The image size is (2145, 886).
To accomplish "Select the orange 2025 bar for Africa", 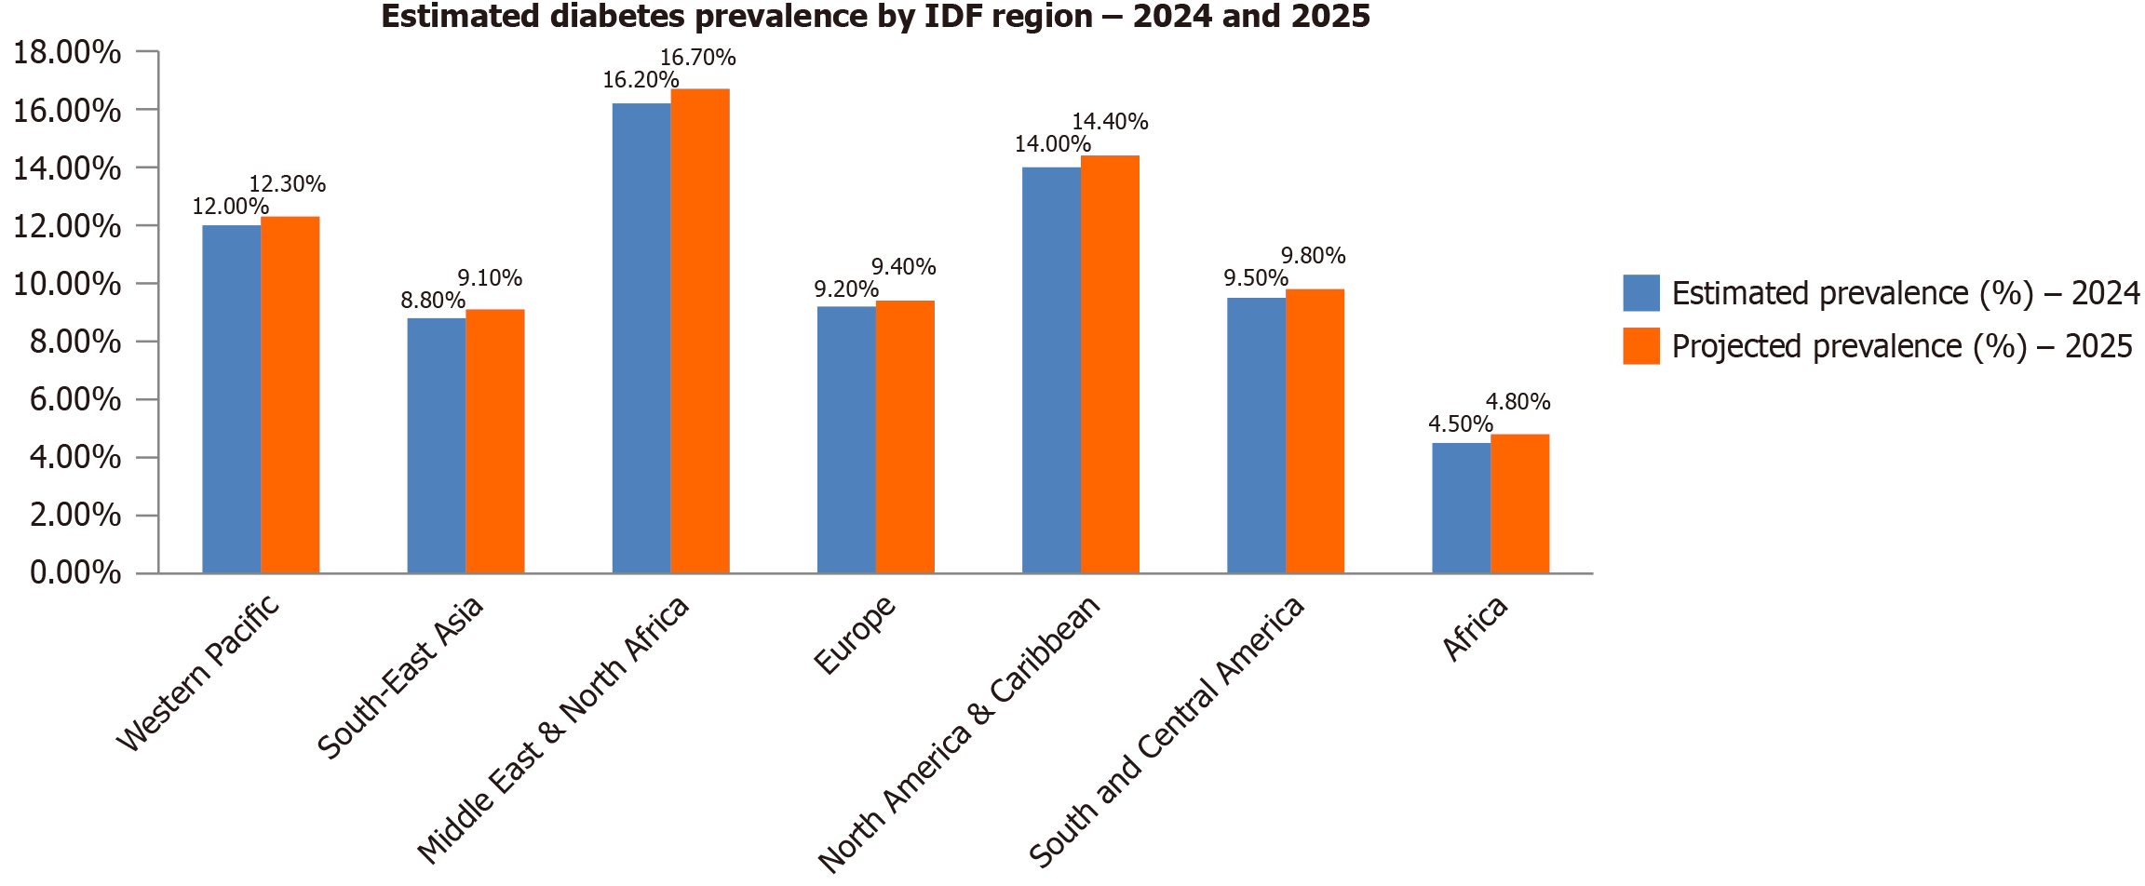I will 1519,503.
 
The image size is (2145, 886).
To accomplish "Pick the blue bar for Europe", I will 846,439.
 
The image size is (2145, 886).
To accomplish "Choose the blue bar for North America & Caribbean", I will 1051,369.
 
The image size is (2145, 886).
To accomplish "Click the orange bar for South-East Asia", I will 495,441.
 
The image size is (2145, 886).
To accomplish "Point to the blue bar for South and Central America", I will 1256,435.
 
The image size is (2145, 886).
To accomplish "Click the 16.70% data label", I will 697,58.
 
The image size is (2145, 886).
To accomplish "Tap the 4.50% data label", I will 1460,424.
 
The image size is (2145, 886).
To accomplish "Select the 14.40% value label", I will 1110,122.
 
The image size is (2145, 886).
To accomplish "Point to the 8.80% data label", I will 433,301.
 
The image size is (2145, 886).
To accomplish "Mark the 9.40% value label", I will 903,267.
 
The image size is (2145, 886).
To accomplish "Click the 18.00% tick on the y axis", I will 67,52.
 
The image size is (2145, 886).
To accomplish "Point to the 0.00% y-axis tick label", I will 74,572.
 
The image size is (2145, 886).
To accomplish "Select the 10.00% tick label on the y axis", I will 67,284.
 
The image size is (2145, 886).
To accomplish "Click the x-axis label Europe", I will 855,635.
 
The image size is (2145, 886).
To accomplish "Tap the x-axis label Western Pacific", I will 198,672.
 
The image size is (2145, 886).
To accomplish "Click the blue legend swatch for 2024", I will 1640,293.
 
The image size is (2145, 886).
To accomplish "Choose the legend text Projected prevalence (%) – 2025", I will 1901,346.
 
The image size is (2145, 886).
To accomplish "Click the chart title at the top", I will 875,17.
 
